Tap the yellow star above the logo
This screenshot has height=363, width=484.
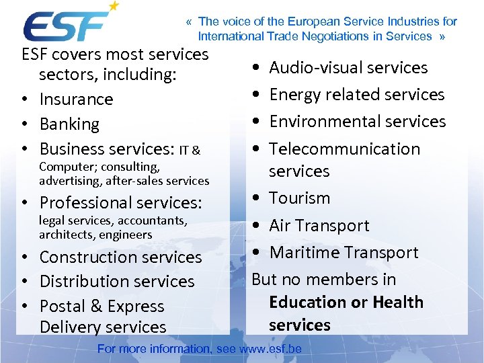coord(114,6)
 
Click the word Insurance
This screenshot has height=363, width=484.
coord(76,99)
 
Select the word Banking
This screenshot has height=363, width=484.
coord(69,124)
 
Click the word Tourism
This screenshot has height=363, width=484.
coord(299,198)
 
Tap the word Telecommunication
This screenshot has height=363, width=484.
coord(344,149)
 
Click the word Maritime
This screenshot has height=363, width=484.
coord(302,253)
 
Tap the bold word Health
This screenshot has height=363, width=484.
coord(397,302)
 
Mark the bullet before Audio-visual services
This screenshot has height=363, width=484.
coord(259,69)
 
